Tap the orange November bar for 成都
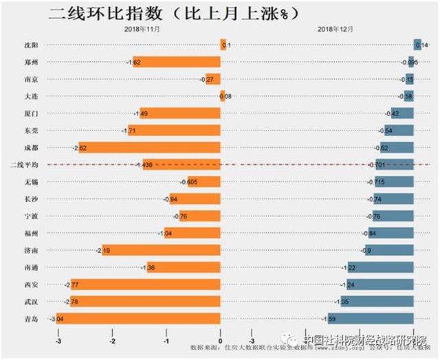pos(150,147)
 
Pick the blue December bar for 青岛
pos(369,318)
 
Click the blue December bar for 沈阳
pos(417,45)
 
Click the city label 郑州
pos(31,62)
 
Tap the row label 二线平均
pos(27,165)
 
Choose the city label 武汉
pos(31,301)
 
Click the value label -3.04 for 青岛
pos(56,319)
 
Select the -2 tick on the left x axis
pos(112,340)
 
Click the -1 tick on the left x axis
pos(166,340)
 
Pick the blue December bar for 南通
pos(379,267)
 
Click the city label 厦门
pos(31,113)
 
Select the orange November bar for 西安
pos(146,284)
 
